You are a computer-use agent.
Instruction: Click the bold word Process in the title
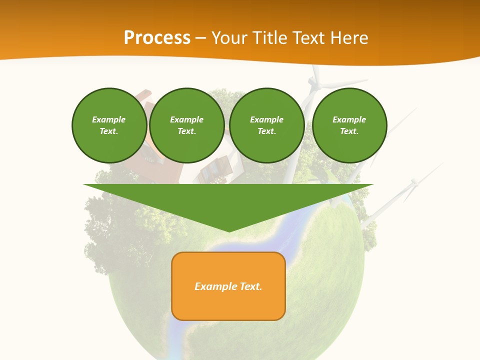point(157,37)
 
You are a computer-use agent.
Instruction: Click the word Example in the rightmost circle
point(349,119)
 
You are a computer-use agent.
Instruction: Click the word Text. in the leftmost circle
point(109,131)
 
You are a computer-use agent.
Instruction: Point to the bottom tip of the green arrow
point(229,230)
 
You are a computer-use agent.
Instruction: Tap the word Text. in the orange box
point(250,286)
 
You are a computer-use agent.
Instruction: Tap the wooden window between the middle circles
point(214,169)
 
